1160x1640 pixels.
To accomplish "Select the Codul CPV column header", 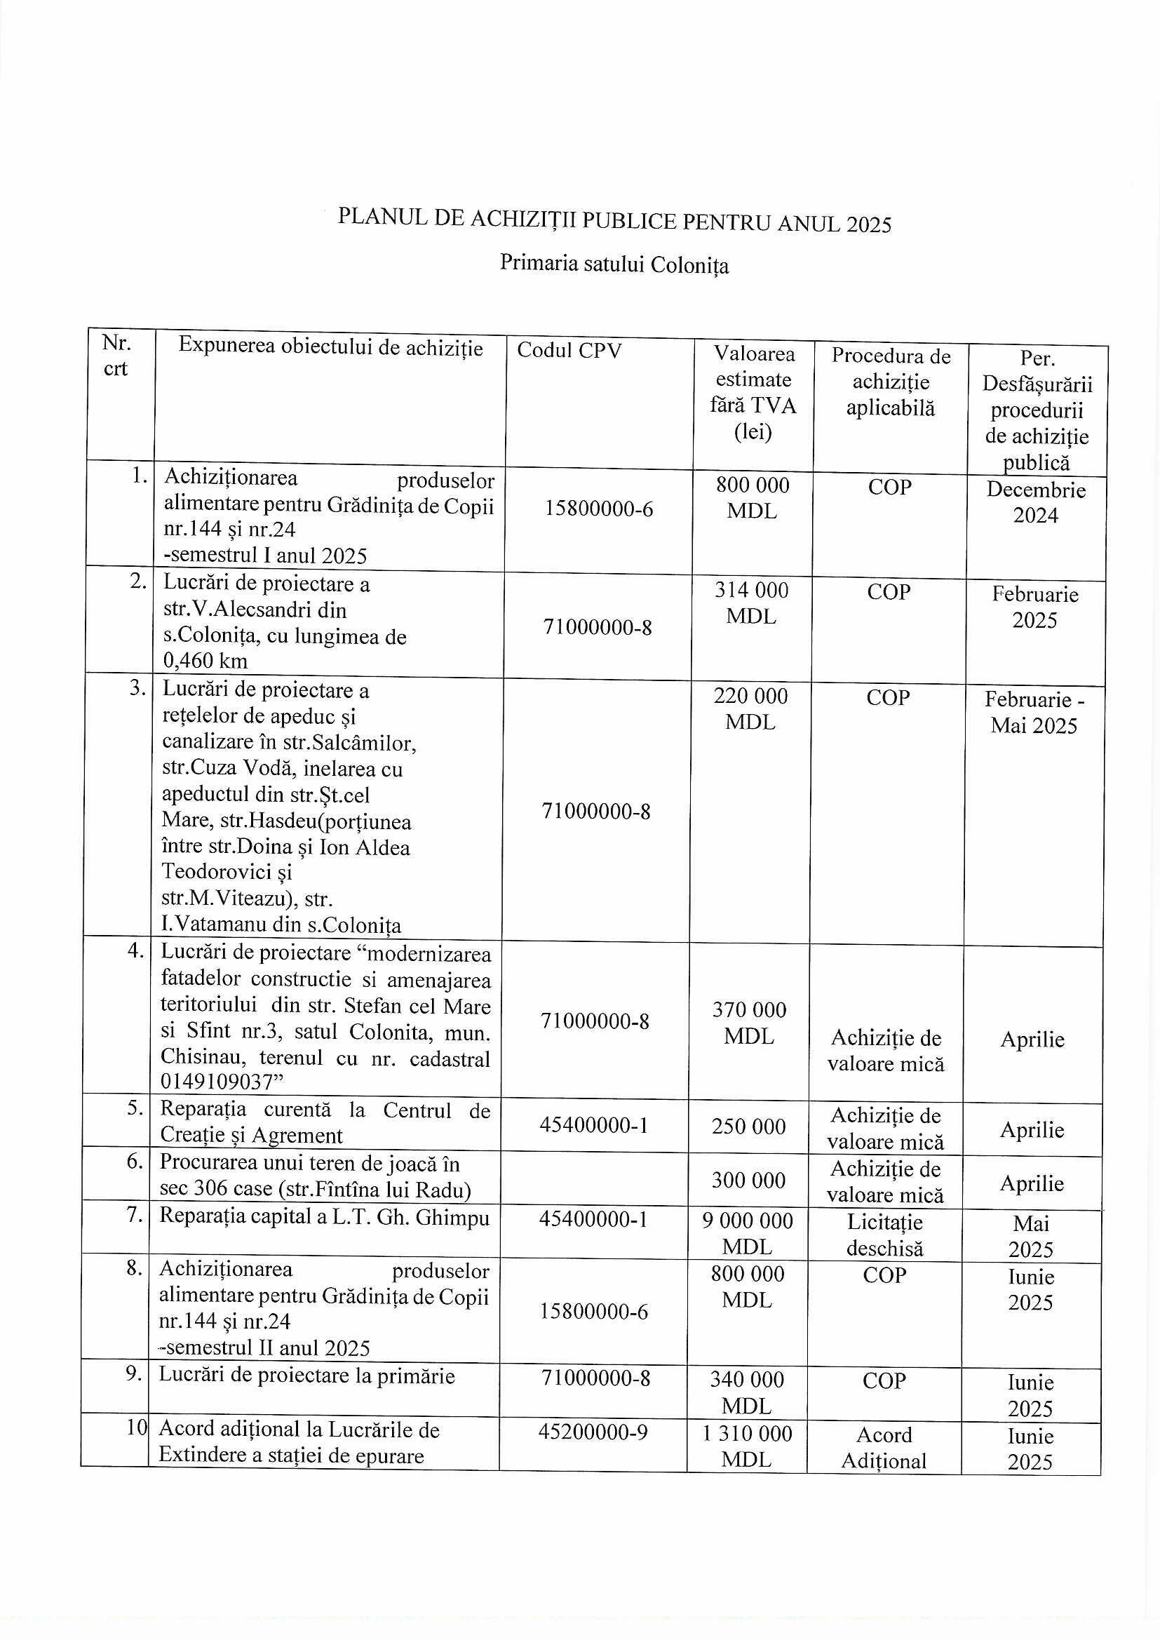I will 569,350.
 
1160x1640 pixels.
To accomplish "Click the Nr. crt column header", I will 116,356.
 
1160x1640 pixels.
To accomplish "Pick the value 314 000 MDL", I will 751,603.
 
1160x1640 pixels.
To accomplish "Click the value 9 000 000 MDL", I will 747,1234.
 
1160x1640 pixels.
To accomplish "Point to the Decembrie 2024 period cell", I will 1036,502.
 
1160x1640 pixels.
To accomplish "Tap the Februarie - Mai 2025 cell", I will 1034,712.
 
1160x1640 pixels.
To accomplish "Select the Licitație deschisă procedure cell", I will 885,1235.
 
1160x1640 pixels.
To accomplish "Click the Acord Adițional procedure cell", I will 884,1448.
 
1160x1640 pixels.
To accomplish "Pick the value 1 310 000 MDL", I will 747,1446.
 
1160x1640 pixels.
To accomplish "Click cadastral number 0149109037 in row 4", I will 217,1082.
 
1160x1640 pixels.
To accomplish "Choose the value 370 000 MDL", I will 749,1023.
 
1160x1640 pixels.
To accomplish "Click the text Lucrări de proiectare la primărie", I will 306,1376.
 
